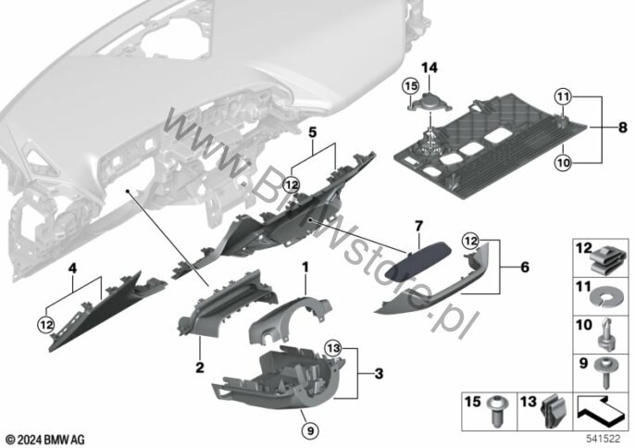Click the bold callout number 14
[428, 68]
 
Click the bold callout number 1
[303, 268]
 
